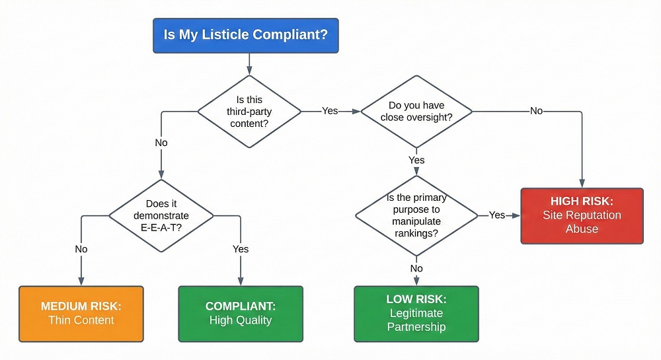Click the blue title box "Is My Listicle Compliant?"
click(x=245, y=35)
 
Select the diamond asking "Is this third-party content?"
click(x=249, y=111)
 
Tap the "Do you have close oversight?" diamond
click(x=416, y=111)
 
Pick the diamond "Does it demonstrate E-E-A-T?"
click(x=161, y=215)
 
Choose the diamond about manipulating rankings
click(x=416, y=215)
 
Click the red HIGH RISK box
click(x=582, y=215)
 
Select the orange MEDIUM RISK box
click(x=81, y=313)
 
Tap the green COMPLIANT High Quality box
click(x=241, y=313)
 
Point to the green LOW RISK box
click(x=416, y=313)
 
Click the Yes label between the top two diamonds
click(x=330, y=111)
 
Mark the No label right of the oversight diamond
click(x=537, y=111)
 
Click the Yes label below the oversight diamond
click(x=416, y=160)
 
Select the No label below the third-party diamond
click(x=161, y=143)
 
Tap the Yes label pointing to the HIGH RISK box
click(x=497, y=215)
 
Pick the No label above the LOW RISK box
click(x=416, y=268)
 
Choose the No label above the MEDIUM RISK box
click(x=81, y=249)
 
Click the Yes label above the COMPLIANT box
click(x=241, y=249)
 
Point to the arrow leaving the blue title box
click(x=249, y=63)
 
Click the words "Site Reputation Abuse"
click(x=582, y=222)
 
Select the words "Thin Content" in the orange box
click(x=81, y=320)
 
